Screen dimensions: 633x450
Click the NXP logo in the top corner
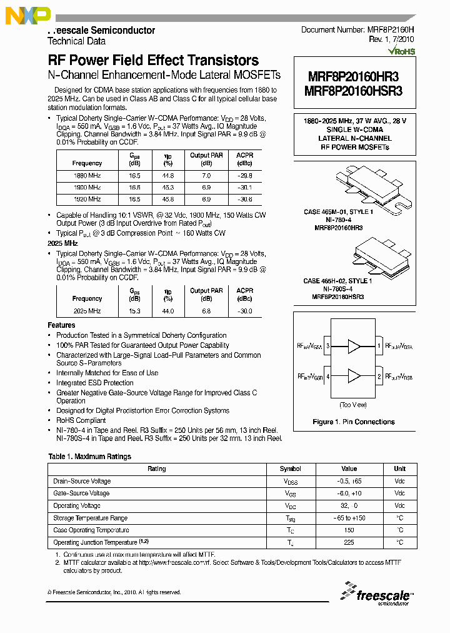pyautogui.click(x=27, y=15)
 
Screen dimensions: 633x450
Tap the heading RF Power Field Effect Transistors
pyautogui.click(x=153, y=61)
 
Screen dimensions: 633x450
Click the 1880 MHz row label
pyautogui.click(x=87, y=176)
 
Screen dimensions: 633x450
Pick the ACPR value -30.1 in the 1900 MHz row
pyautogui.click(x=245, y=188)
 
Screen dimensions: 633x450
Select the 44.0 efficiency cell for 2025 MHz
pyautogui.click(x=167, y=311)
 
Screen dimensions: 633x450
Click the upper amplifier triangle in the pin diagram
pyautogui.click(x=354, y=345)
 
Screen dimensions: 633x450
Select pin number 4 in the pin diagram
pyautogui.click(x=327, y=377)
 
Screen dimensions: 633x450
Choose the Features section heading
pyautogui.click(x=61, y=325)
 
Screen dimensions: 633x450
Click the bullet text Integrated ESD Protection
pyautogui.click(x=95, y=383)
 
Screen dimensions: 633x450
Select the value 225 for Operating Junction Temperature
pyautogui.click(x=349, y=543)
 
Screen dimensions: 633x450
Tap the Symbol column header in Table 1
pyautogui.click(x=290, y=469)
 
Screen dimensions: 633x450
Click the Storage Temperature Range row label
pyautogui.click(x=91, y=518)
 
